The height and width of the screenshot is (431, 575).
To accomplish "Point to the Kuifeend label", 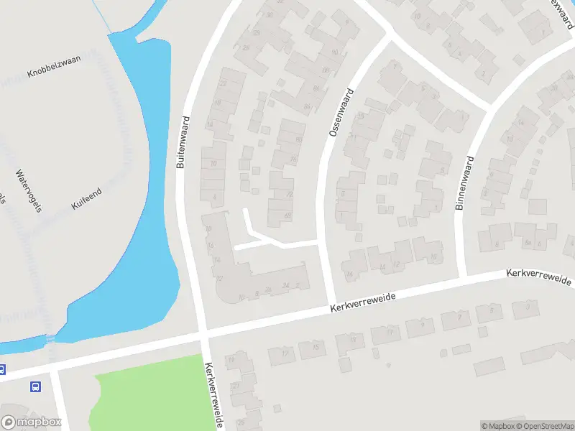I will pos(87,198).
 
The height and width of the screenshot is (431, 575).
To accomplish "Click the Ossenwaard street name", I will pos(341,113).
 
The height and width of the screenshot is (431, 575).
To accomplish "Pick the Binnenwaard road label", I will pos(464,183).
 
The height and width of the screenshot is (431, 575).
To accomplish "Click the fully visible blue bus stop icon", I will pos(36,386).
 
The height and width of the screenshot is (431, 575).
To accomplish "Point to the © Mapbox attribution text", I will pos(497,426).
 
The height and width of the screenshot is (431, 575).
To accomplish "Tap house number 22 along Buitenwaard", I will pos(223,83).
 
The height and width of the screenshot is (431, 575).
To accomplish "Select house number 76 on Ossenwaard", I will pos(293,159).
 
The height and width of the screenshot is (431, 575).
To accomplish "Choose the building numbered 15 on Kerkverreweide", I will pos(316,347).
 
